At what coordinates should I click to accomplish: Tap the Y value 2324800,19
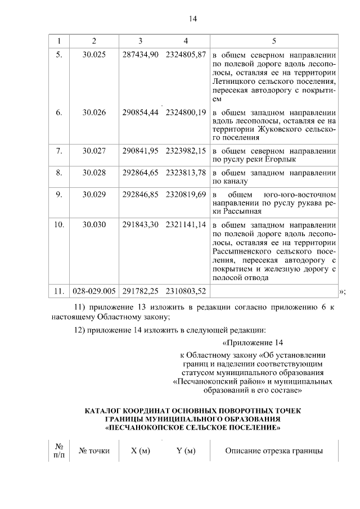click(x=186, y=112)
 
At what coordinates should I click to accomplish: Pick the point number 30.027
click(x=94, y=151)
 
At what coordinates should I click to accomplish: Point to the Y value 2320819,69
click(x=186, y=195)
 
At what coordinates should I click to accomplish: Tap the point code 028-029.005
click(x=94, y=291)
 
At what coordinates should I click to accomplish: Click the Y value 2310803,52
click(x=186, y=291)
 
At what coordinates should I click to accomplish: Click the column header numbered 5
click(x=274, y=41)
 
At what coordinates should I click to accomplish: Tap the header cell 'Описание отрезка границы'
click(x=274, y=451)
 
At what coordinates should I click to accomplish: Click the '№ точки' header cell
click(x=94, y=451)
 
